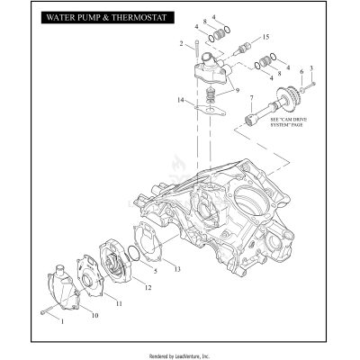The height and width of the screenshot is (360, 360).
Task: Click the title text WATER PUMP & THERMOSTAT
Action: click(103, 18)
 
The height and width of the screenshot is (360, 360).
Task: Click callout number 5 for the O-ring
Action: click(155, 270)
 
